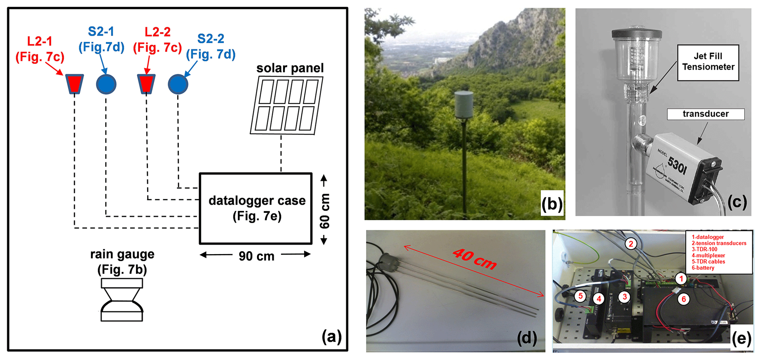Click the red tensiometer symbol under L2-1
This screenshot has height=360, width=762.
click(x=74, y=84)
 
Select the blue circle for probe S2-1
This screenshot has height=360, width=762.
click(x=106, y=84)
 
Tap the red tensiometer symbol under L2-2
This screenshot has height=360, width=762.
click(x=146, y=84)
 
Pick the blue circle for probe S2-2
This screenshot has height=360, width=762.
click(x=178, y=84)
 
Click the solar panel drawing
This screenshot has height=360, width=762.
click(x=287, y=105)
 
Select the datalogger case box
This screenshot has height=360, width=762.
click(x=256, y=208)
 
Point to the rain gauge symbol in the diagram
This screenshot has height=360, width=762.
click(x=122, y=300)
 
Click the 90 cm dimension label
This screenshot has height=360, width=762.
click(x=256, y=256)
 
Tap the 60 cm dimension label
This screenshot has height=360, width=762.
click(x=325, y=211)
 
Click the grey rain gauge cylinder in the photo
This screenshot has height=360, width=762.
click(x=464, y=105)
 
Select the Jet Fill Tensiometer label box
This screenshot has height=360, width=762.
click(x=708, y=62)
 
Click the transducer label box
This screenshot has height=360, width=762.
click(x=705, y=114)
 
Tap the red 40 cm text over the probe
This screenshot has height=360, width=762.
click(x=475, y=258)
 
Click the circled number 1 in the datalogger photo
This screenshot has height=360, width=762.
click(x=681, y=279)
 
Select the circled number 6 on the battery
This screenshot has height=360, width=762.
click(x=683, y=299)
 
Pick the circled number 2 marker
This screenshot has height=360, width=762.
click(x=631, y=244)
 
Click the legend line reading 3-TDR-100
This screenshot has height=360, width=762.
click(x=704, y=249)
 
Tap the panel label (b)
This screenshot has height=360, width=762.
click(x=552, y=203)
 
